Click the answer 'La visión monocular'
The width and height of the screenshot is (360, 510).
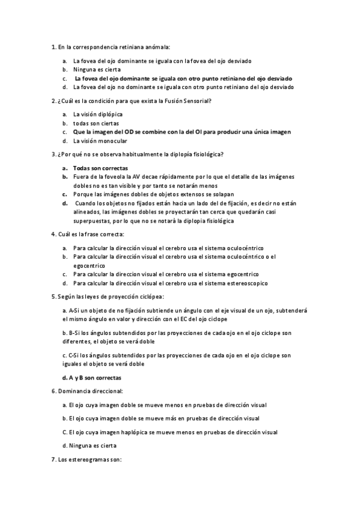coord(100,141)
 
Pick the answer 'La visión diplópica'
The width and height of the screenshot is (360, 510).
coord(98,114)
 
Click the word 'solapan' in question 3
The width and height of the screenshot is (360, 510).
coord(222,194)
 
